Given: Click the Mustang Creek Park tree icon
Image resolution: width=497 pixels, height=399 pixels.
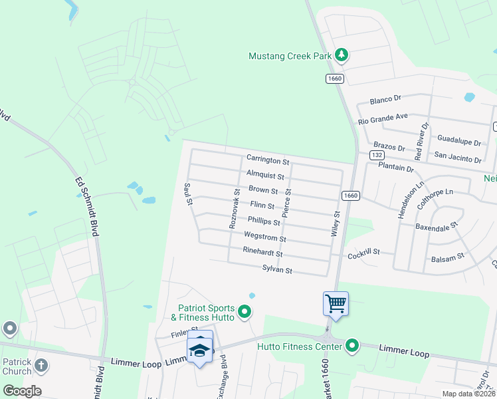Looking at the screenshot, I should click(342, 55).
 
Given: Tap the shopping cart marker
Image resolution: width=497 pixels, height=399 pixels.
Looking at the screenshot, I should click(336, 304).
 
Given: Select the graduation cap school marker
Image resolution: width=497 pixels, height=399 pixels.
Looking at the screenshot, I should click(200, 349).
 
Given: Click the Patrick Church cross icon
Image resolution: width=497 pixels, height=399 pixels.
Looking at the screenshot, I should click(41, 365).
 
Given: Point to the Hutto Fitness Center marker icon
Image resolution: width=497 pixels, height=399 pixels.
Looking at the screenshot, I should click(351, 346).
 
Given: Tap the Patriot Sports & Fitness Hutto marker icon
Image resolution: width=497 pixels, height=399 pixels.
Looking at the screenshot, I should click(245, 311).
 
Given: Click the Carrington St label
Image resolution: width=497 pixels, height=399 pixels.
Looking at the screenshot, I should click(268, 160).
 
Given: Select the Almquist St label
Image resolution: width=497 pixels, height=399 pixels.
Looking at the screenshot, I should click(265, 176).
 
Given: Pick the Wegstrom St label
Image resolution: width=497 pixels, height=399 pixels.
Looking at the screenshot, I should click(265, 237).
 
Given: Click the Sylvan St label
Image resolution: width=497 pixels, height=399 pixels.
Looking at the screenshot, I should click(277, 269).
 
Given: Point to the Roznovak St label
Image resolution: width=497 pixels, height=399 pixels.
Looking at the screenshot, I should click(235, 209).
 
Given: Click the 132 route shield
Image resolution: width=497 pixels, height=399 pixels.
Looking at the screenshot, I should click(376, 155).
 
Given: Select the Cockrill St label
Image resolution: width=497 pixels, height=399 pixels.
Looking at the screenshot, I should click(363, 253).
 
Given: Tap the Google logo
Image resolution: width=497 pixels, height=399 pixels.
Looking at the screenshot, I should click(22, 391).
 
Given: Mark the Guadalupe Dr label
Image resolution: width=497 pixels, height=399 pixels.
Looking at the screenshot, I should click(459, 142).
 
